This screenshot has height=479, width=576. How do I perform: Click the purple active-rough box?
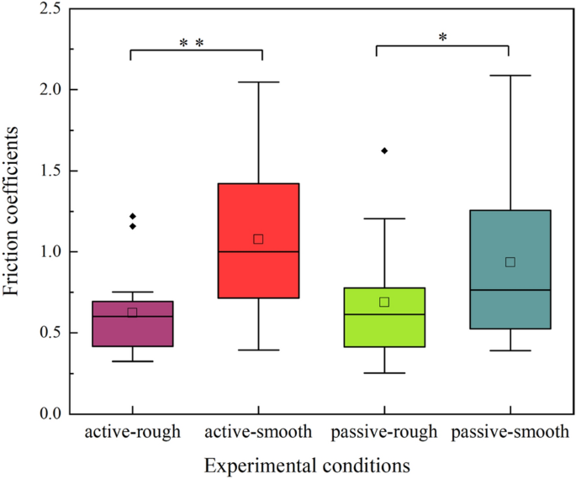[132, 324]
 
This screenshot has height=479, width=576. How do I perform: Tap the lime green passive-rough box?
[383, 328]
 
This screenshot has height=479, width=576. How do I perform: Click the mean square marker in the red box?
[258, 239]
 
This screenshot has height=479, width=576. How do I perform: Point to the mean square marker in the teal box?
[510, 261]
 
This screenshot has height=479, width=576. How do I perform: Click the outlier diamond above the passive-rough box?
[384, 150]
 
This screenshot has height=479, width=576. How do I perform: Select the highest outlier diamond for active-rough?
[132, 217]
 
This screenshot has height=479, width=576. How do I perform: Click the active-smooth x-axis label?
[258, 433]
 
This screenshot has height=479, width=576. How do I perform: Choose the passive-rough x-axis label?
[384, 433]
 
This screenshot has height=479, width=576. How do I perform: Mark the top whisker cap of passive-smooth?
[510, 76]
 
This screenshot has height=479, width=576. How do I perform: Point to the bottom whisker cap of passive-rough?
[384, 373]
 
